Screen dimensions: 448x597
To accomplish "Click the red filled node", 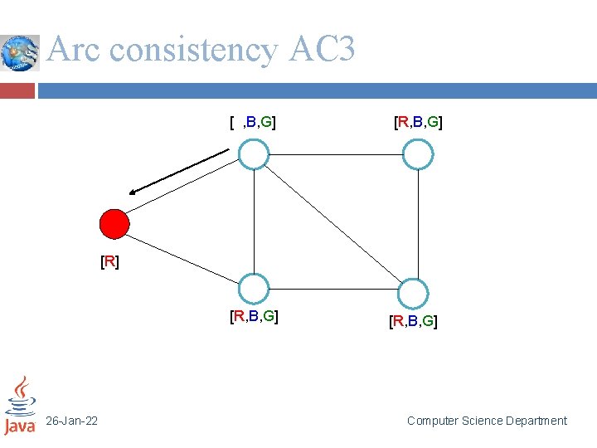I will [x=114, y=224].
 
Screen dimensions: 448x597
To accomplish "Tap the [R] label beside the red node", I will [x=109, y=263].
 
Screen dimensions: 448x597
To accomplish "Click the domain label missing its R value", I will [x=253, y=124].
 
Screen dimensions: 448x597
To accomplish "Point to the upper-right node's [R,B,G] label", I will [x=417, y=124].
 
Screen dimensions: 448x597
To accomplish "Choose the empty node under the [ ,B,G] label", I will [x=254, y=154].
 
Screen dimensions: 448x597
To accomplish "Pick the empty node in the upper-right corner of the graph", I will [x=418, y=154].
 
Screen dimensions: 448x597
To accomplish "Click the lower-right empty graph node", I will [x=412, y=294].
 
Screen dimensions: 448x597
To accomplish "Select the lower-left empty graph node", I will [x=254, y=288].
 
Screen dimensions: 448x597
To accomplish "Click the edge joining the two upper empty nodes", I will [x=336, y=154].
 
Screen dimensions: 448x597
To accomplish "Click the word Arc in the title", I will [x=75, y=50].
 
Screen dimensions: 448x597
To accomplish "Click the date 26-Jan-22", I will [x=72, y=421].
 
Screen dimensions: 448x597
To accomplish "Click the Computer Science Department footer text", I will [x=487, y=421].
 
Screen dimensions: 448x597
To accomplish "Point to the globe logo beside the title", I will [x=20, y=53].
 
